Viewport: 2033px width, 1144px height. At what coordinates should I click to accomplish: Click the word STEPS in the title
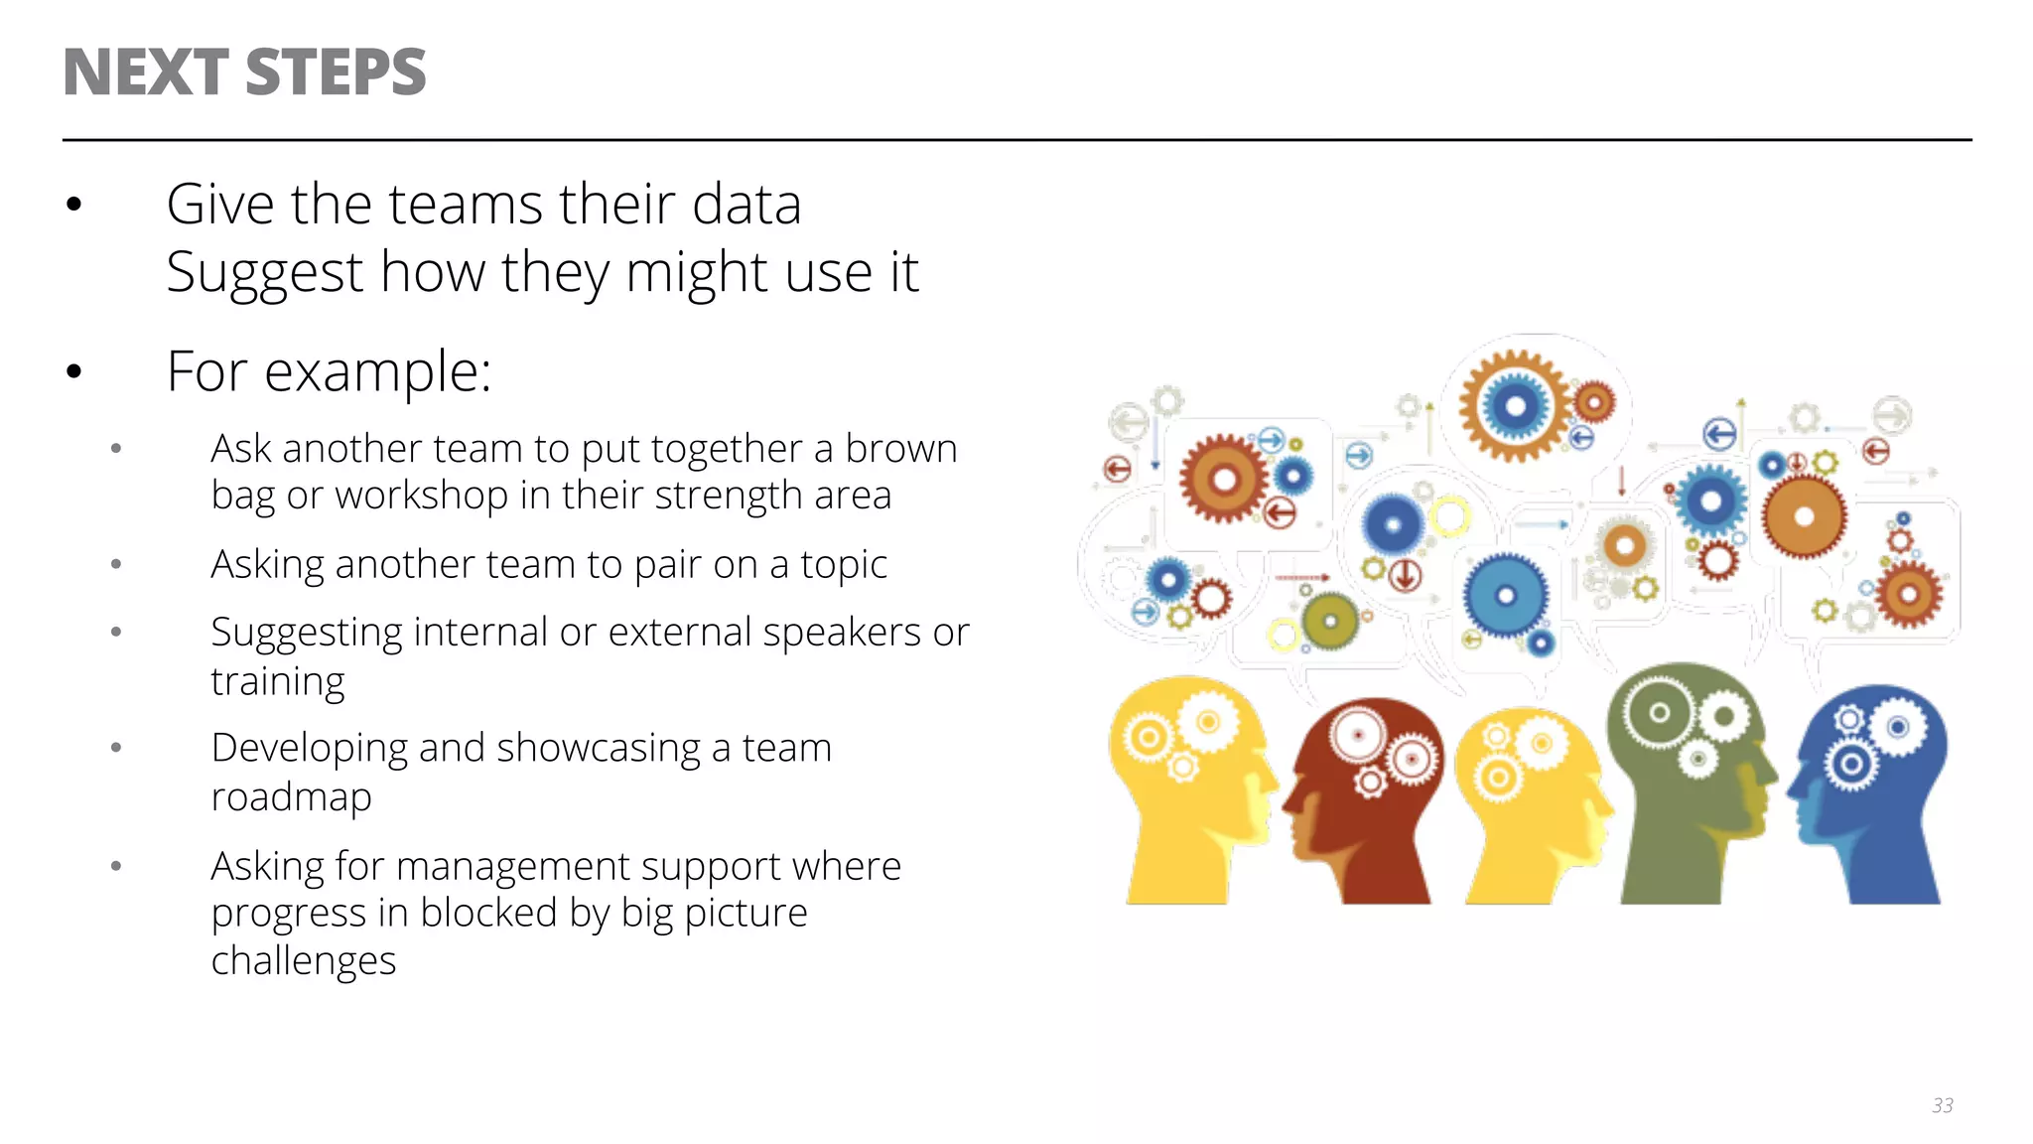point(335,72)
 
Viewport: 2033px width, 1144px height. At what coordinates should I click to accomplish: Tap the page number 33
point(1942,1105)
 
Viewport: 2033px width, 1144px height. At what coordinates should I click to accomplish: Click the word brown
point(900,449)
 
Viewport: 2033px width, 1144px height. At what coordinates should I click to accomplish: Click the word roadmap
point(291,796)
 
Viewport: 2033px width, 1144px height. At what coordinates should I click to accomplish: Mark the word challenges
point(303,961)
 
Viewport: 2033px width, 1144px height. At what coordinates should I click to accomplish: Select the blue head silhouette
point(1871,794)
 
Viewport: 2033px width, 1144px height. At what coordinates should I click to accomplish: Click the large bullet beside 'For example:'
point(74,372)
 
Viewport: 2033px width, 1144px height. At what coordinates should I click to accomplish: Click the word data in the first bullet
point(745,206)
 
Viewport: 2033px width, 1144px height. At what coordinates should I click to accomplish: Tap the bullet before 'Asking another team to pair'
point(116,565)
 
